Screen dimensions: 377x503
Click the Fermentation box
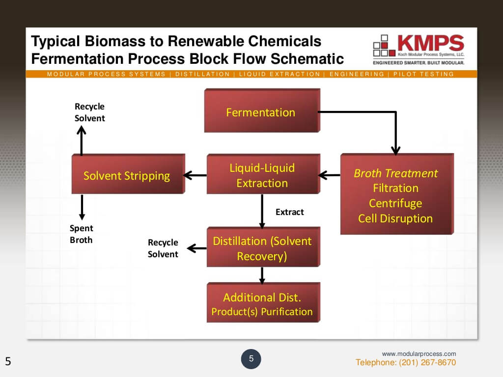tap(261, 112)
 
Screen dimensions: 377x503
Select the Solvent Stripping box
tap(127, 175)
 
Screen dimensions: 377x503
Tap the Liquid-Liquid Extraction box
tap(262, 175)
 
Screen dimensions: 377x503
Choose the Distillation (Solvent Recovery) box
tap(262, 248)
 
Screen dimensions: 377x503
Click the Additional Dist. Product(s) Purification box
tap(262, 304)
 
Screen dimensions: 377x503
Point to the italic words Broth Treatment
tap(395, 173)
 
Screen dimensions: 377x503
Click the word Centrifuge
tap(395, 203)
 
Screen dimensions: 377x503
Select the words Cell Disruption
tap(395, 218)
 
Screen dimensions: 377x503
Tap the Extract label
tap(289, 212)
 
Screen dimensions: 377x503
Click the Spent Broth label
tap(82, 234)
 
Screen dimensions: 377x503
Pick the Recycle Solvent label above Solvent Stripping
tap(89, 112)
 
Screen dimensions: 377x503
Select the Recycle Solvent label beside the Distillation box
tap(163, 248)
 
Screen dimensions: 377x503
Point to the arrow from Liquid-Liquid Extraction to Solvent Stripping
tap(195, 175)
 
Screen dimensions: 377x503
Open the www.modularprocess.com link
tap(419, 354)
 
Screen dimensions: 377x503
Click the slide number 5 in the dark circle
tap(251, 359)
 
